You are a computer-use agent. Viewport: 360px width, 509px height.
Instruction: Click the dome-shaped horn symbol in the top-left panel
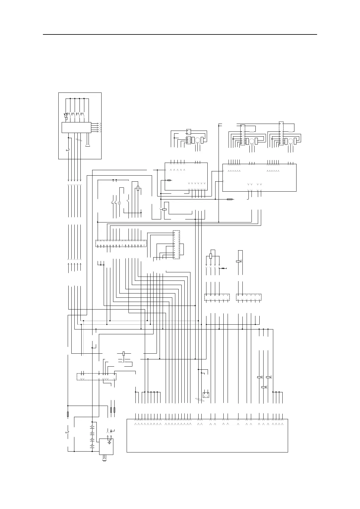pyautogui.click(x=88, y=146)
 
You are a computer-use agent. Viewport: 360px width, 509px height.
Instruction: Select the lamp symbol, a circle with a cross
pyautogui.click(x=119, y=203)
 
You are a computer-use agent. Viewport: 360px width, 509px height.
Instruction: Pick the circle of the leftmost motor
pyautogui.click(x=197, y=140)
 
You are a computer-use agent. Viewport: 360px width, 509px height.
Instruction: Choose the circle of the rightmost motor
pyautogui.click(x=290, y=141)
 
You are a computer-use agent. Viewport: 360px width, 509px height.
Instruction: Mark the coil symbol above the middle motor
pyautogui.click(x=251, y=132)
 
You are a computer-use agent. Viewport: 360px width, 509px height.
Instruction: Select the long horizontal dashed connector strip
pyautogui.click(x=121, y=243)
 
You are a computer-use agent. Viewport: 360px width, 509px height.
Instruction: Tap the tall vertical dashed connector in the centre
pyautogui.click(x=176, y=245)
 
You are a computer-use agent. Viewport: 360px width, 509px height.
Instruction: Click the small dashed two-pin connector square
pyautogui.click(x=206, y=394)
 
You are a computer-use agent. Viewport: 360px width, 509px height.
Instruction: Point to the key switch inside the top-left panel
pyautogui.click(x=67, y=150)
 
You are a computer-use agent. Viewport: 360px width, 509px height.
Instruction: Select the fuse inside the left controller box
pyautogui.click(x=169, y=180)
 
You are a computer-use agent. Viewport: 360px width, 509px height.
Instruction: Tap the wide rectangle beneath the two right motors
pyautogui.click(x=259, y=177)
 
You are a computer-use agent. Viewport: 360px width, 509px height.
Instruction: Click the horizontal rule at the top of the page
pyautogui.click(x=180, y=34)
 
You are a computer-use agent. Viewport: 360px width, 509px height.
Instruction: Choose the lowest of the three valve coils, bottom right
pyautogui.click(x=264, y=387)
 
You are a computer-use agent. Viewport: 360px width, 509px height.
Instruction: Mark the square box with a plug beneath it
pyautogui.click(x=106, y=446)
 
